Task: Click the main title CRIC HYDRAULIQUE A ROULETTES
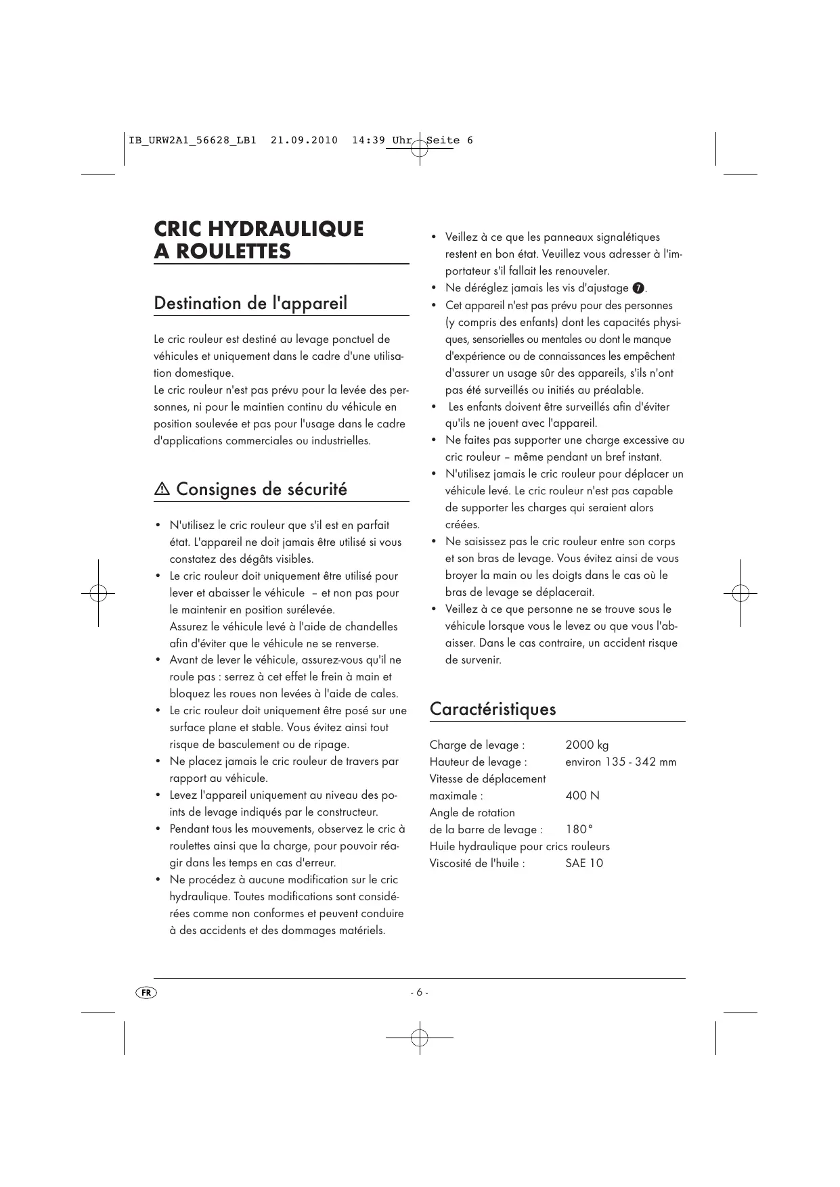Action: (x=259, y=239)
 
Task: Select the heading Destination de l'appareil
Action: (x=250, y=303)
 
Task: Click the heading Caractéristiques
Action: (x=492, y=709)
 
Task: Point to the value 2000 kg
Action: (x=587, y=745)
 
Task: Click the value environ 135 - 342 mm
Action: (x=621, y=762)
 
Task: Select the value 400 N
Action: (x=582, y=795)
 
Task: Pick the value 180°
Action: (x=579, y=829)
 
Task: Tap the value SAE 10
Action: (x=583, y=863)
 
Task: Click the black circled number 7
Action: (x=638, y=288)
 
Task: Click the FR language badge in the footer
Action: (x=146, y=992)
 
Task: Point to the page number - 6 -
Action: (x=419, y=992)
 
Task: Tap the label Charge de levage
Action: (x=477, y=745)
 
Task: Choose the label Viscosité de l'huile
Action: (x=477, y=863)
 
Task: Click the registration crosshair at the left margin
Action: (x=98, y=593)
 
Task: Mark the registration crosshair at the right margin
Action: (x=740, y=593)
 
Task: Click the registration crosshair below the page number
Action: (x=419, y=1037)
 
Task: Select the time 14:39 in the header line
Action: (x=368, y=141)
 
